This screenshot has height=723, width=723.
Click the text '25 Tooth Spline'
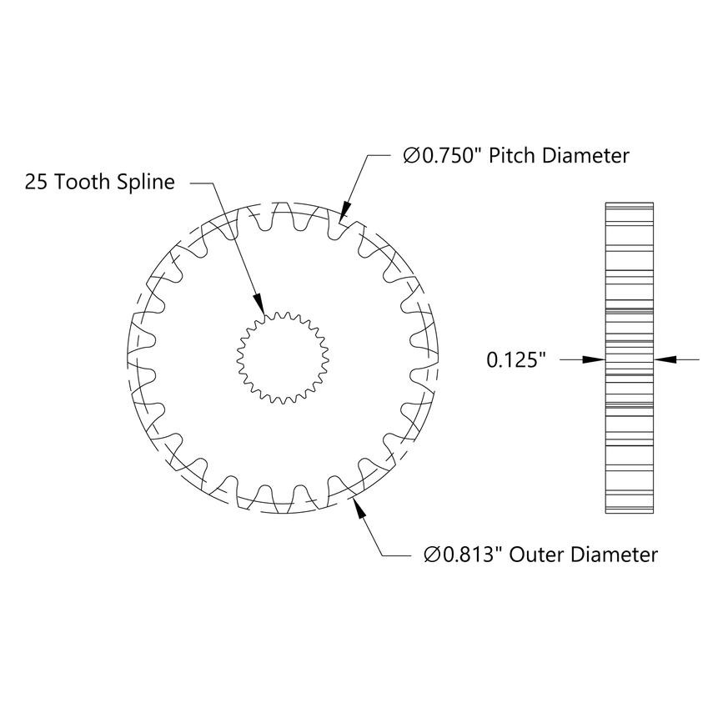coord(100,182)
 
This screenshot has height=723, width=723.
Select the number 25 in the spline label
coord(36,182)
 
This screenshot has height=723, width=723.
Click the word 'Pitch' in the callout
coord(512,156)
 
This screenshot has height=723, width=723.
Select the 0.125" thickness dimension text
coord(516,360)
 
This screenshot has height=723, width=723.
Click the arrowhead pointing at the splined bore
coord(259,303)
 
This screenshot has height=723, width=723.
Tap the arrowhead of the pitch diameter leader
coord(344,212)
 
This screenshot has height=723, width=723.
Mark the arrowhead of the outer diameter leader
coord(359,508)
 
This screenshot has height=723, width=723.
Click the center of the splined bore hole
coord(281,359)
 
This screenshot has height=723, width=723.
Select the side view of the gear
coord(627,358)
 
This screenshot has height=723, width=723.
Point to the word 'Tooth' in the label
coord(86,182)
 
